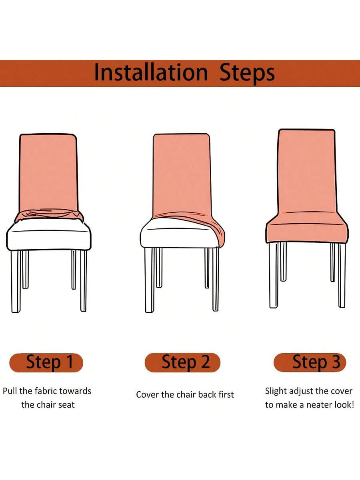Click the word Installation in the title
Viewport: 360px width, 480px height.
pos(151,72)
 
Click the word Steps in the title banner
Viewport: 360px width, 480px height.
pos(247,73)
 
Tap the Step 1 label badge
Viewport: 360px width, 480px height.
pos(46,362)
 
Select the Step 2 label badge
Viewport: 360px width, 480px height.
pos(182,362)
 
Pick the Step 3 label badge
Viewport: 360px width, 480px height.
pos(310,362)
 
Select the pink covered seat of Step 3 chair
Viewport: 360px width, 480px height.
pos(307,228)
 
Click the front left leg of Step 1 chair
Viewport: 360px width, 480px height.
pos(16,281)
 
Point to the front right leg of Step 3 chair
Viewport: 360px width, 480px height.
pos(342,275)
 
